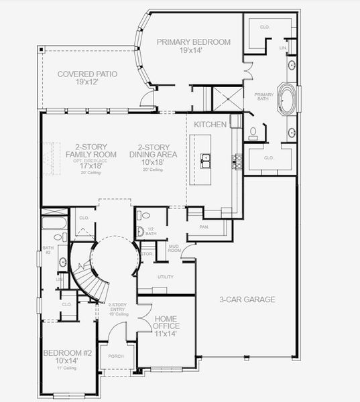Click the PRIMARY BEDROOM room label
193,42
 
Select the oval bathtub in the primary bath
289,97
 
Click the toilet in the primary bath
253,133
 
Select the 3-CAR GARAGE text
247,299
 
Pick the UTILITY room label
165,276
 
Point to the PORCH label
115,356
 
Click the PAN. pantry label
204,227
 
